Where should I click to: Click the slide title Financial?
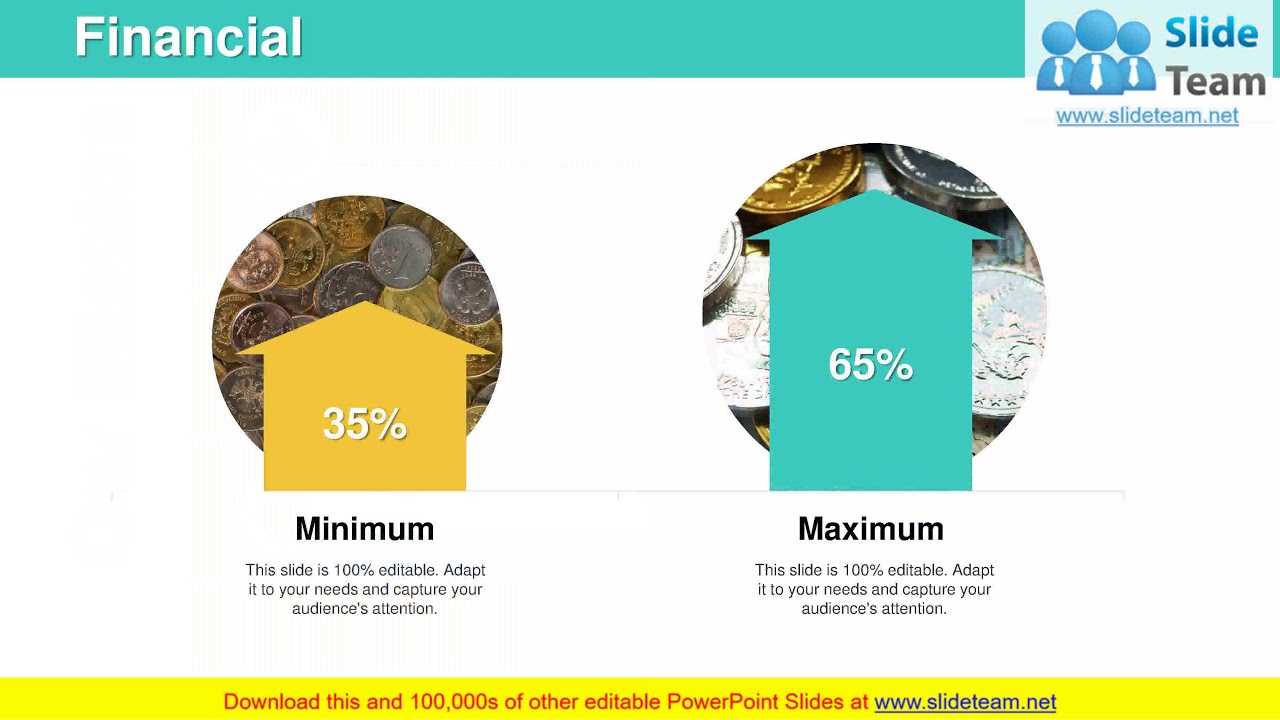[188, 38]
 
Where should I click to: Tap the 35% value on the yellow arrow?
[364, 424]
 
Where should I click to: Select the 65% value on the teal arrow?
[870, 365]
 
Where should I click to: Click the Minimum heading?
[364, 528]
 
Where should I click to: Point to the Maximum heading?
[870, 528]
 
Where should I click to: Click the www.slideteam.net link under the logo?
[1147, 116]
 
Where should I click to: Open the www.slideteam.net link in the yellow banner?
[965, 702]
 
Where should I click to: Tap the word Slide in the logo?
[1211, 35]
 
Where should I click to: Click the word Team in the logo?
[1216, 80]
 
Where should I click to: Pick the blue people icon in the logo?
[1095, 55]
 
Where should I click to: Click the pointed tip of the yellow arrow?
[366, 304]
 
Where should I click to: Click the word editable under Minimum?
[406, 570]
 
